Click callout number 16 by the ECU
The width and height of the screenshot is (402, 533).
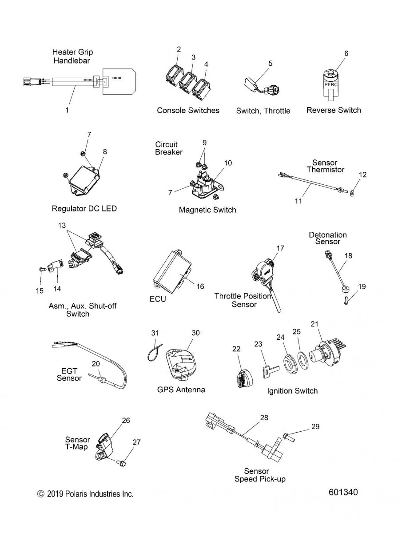coord(200,286)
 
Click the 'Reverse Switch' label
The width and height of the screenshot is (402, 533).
coord(334,110)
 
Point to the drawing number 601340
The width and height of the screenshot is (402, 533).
coord(343,493)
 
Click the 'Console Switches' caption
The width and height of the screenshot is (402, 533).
coord(188,110)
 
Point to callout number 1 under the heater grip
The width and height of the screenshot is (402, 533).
coord(67,110)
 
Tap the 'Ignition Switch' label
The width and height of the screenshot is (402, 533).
coord(292,391)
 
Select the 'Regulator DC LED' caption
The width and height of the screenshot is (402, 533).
coord(84,208)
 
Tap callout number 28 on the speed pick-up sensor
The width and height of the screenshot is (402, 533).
coord(264,418)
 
